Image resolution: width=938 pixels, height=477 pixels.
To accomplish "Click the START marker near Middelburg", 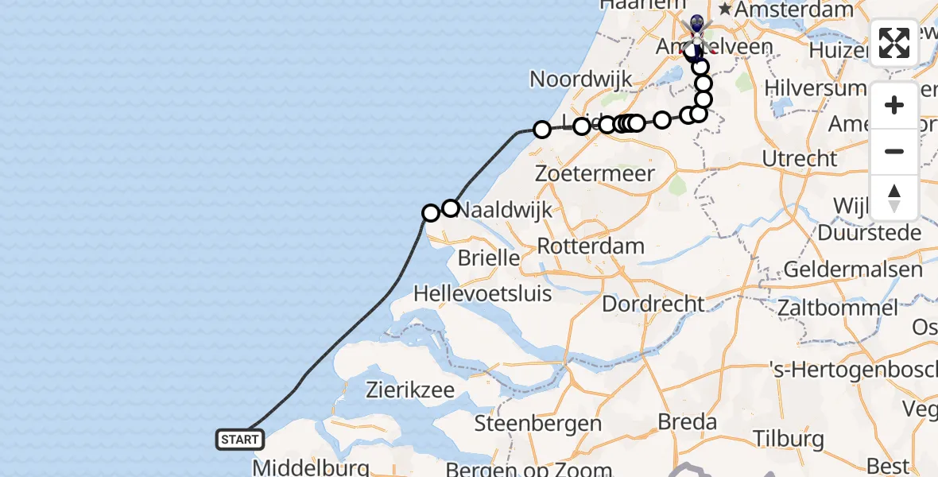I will pos(240,439).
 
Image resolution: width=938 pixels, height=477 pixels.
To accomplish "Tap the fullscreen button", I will pos(894,43).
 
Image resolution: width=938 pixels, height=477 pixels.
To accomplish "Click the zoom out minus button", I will pos(894,151).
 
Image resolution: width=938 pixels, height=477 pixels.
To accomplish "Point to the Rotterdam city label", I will pos(591,246).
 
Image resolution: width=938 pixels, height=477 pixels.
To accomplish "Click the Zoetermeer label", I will pos(595,173).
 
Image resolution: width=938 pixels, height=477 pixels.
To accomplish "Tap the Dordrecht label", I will pos(653,304).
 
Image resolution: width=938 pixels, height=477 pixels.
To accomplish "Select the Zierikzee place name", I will pos(410,390).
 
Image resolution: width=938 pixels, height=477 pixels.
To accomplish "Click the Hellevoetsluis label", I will pos(483,293).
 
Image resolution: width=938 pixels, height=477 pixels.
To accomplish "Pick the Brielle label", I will pos(489,258).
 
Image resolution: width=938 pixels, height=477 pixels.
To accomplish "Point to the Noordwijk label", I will pos(581,79).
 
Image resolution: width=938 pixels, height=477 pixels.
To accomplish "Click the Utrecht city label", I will pos(800,158).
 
